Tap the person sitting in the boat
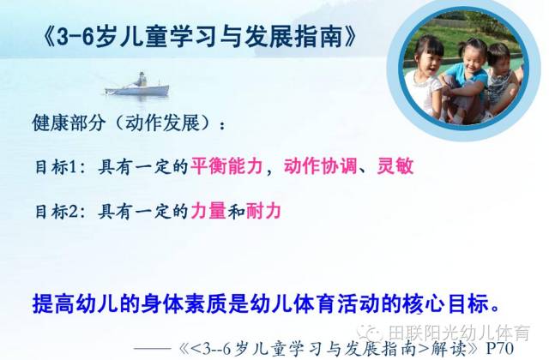141,80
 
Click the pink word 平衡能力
226,165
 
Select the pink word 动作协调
320,165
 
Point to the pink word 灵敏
395,165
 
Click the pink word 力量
208,211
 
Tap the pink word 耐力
263,211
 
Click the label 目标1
57,167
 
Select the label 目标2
57,212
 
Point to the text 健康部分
69,123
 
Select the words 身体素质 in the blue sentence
184,303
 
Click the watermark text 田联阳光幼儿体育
459,333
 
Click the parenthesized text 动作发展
163,123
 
